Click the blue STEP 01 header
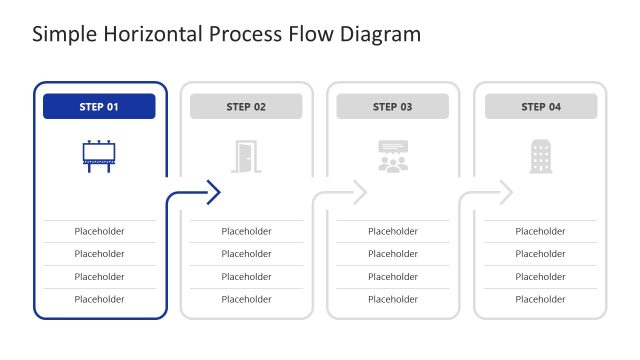pyautogui.click(x=99, y=107)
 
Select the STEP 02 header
pyautogui.click(x=246, y=107)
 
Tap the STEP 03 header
pyautogui.click(x=392, y=107)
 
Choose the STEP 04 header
pyautogui.click(x=541, y=107)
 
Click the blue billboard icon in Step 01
pyautogui.click(x=99, y=155)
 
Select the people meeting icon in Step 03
pyautogui.click(x=393, y=156)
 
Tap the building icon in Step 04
pyautogui.click(x=540, y=156)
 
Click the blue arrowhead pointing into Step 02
pyautogui.click(x=213, y=192)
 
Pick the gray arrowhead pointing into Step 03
pyautogui.click(x=359, y=192)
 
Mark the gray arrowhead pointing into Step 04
pyautogui.click(x=506, y=192)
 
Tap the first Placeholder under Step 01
pyautogui.click(x=99, y=231)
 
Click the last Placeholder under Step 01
pyautogui.click(x=99, y=299)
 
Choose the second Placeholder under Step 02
pyautogui.click(x=246, y=254)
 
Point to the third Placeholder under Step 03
pyautogui.click(x=393, y=276)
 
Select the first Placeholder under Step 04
pyautogui.click(x=540, y=231)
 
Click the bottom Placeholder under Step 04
pyautogui.click(x=540, y=299)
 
